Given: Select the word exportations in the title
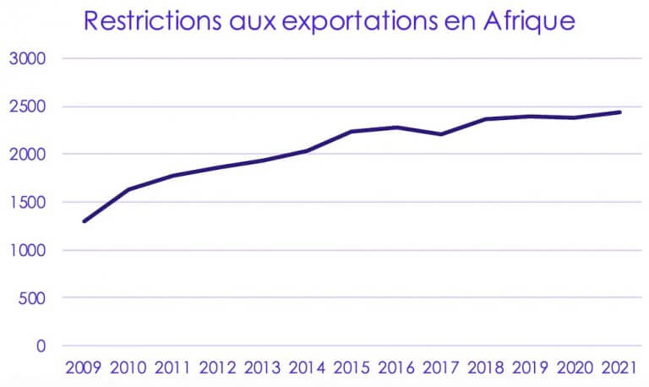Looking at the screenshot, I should click(356, 22).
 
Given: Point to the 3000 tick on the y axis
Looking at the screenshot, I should click(29, 59).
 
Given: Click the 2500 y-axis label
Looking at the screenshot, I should click(29, 107).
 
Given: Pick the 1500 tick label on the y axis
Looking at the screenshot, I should click(29, 203).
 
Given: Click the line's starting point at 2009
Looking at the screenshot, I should click(85, 221).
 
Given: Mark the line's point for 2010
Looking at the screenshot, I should click(129, 189).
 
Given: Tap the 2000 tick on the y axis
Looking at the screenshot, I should click(29, 155).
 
